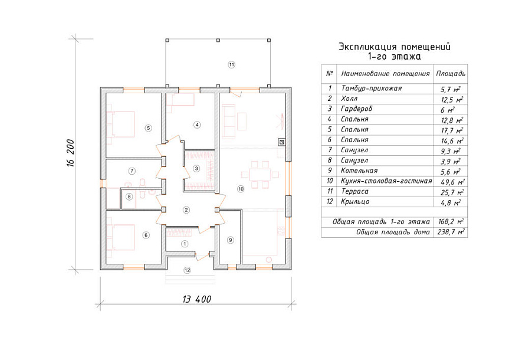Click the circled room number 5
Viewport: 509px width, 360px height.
tap(149, 128)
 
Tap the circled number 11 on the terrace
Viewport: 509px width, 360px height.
tap(231, 65)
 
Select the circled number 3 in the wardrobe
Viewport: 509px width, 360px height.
tap(196, 168)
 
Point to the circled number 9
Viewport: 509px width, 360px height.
tap(231, 240)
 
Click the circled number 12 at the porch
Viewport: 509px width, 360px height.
tap(188, 270)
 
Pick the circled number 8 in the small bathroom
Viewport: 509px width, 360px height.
tap(130, 197)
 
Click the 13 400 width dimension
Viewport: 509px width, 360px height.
tap(197, 299)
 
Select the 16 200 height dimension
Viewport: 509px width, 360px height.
tap(71, 153)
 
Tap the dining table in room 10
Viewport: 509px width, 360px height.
tap(260, 174)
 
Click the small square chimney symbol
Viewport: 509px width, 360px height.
tap(282, 142)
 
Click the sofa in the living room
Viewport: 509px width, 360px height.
tap(228, 121)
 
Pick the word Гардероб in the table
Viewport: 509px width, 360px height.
tap(356, 109)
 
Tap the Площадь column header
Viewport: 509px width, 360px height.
tap(451, 74)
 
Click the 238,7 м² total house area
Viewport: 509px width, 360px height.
tap(451, 232)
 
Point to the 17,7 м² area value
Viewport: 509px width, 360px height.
tap(452, 130)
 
